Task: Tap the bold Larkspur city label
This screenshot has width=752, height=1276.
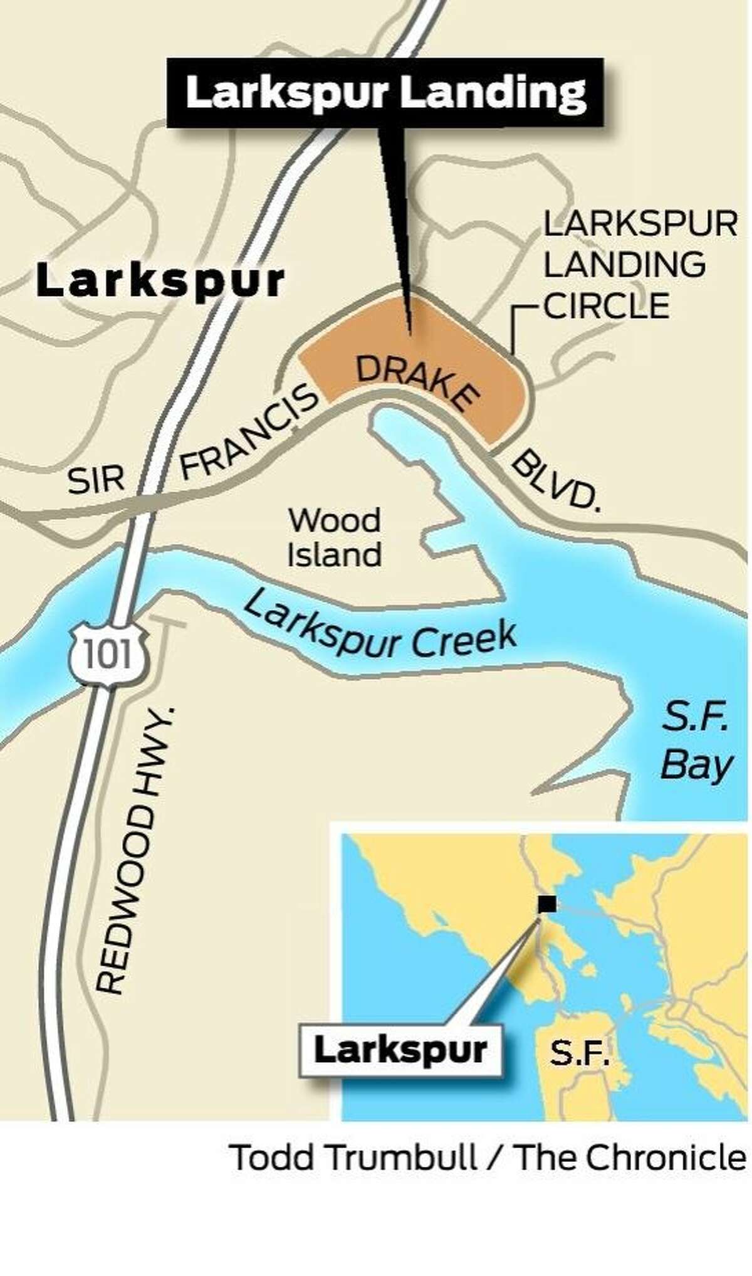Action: tap(160, 282)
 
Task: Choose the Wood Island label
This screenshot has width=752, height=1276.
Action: tap(334, 538)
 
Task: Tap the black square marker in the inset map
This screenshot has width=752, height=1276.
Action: tap(546, 904)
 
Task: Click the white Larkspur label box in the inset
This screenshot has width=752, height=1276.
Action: tap(401, 1050)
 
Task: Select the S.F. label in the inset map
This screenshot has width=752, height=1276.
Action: tap(580, 1053)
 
